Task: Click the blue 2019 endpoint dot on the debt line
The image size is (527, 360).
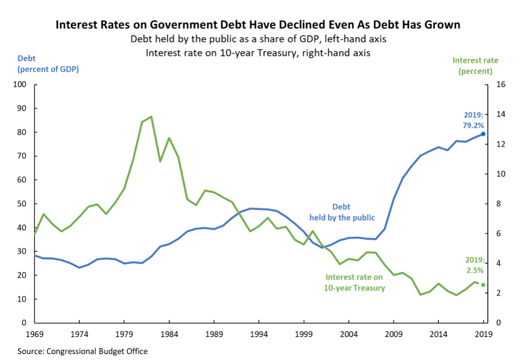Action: click(x=483, y=134)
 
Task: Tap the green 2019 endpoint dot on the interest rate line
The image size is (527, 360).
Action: click(x=483, y=285)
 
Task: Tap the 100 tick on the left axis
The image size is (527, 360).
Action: click(x=20, y=85)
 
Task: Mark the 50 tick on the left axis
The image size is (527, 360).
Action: click(x=22, y=204)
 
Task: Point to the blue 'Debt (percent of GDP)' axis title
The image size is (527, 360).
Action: click(x=48, y=64)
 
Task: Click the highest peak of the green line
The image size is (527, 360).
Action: click(x=151, y=117)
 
